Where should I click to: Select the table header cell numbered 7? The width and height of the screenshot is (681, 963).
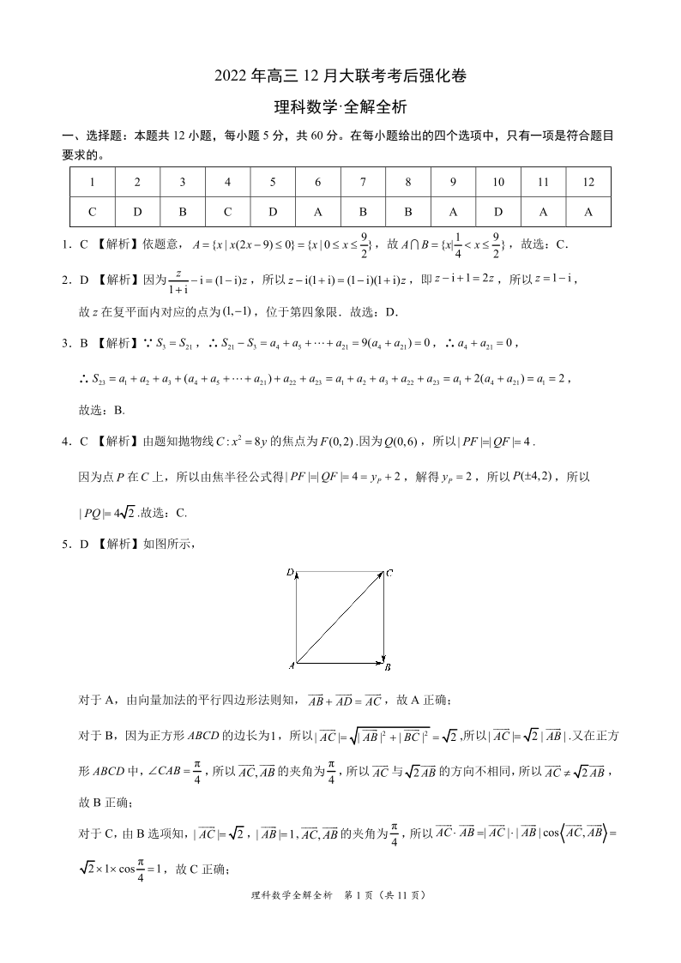coord(363,182)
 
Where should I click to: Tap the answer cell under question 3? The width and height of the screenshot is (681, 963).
coord(183,212)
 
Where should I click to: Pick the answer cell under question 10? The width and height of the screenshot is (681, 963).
coord(497,212)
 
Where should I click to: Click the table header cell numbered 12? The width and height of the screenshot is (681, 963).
coord(588,182)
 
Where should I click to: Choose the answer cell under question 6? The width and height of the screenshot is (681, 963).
coord(318,212)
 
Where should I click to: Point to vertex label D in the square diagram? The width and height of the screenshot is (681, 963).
coord(291,571)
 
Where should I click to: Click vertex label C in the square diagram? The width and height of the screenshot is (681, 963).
coord(389,572)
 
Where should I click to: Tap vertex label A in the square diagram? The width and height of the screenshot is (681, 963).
coord(292,665)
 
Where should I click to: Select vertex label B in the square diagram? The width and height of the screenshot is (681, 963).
coord(389,666)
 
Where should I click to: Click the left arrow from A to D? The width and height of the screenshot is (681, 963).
coord(296,618)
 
